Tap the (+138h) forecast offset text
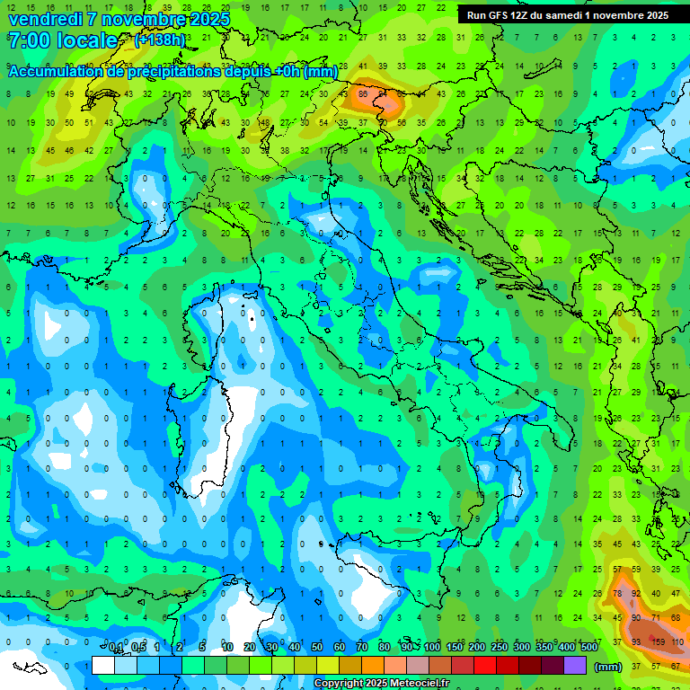(159, 40)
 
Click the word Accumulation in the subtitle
(55, 72)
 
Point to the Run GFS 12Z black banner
(567, 15)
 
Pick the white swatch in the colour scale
(103, 666)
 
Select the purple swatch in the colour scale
(575, 666)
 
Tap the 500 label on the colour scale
(588, 648)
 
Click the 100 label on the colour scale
(432, 648)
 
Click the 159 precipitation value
(658, 641)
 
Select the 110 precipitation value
(677, 641)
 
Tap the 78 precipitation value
(618, 594)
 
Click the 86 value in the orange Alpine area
(364, 93)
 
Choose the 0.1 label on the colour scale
(116, 648)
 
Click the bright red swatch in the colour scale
(485, 666)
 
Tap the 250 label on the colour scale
(499, 648)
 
